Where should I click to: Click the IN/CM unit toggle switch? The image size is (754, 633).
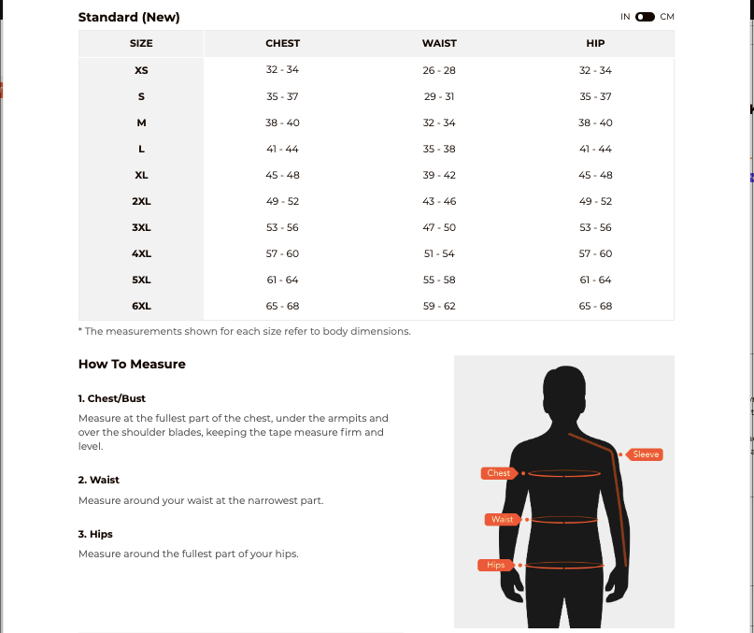pos(645,17)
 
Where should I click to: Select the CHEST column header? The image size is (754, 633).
pos(283,43)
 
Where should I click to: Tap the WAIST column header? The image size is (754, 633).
pos(439,43)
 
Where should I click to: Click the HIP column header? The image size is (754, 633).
pos(595,43)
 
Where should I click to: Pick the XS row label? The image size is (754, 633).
pos(141,70)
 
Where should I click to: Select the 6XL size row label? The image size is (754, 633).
pos(141,306)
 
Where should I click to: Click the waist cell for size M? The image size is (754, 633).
pos(439,122)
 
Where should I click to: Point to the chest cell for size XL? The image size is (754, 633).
pos(283,175)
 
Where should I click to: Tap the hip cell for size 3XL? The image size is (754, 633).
pos(595,227)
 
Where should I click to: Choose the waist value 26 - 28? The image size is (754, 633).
pos(439,70)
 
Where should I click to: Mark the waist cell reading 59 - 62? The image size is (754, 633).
pos(439,306)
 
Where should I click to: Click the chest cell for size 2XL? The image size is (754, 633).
pos(283,201)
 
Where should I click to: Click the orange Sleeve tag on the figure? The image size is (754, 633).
pos(645,454)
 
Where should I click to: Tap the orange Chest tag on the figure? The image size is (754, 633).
pos(499,473)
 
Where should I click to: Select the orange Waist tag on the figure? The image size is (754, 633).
pos(502,519)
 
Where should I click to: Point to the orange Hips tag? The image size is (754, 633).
pos(495,565)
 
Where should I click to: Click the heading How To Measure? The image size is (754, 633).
pos(132,364)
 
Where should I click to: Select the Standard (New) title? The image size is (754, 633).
pos(129,17)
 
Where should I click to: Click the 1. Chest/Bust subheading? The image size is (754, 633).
pos(112,398)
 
